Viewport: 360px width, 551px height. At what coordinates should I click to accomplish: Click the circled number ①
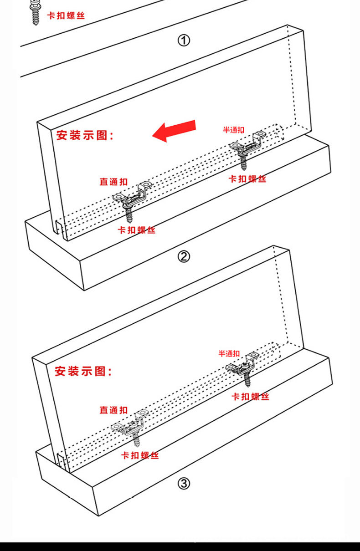click(183, 41)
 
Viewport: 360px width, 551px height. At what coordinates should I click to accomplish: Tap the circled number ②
click(183, 257)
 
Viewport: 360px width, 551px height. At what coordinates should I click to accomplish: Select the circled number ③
click(183, 484)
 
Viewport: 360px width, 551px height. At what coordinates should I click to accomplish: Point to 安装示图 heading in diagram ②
click(85, 135)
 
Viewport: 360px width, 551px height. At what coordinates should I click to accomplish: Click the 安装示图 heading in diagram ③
click(83, 371)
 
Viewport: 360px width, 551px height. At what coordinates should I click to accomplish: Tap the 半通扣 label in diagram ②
click(233, 130)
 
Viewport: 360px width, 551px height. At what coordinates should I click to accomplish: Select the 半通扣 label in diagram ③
click(229, 353)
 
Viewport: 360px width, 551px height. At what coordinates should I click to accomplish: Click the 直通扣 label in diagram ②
click(113, 182)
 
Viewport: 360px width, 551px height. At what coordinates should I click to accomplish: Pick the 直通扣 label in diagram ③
click(113, 410)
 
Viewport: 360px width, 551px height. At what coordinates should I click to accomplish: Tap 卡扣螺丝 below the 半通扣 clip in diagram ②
click(247, 179)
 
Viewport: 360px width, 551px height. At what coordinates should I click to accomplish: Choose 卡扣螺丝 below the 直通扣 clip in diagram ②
click(137, 230)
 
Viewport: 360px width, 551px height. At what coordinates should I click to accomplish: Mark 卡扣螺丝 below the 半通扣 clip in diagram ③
click(250, 397)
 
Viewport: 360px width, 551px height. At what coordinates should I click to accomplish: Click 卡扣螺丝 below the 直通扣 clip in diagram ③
click(140, 455)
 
